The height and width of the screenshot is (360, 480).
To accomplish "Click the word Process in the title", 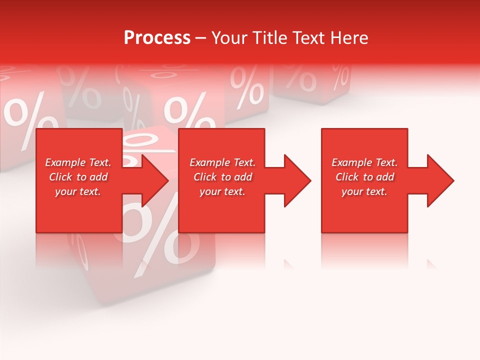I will click(x=157, y=38).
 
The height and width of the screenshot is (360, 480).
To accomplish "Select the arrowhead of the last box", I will click(x=439, y=180).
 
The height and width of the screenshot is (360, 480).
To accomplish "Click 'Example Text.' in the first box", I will click(x=78, y=162).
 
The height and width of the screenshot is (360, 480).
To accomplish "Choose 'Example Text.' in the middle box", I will click(x=222, y=162).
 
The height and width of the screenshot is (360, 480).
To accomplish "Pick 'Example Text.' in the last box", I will click(x=364, y=162).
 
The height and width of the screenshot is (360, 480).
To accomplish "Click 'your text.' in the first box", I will click(x=78, y=191).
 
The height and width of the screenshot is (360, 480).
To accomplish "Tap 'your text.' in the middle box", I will click(x=222, y=191).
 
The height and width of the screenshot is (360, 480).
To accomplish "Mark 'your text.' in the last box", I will click(x=364, y=191).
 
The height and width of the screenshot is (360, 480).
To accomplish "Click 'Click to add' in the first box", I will click(x=78, y=177).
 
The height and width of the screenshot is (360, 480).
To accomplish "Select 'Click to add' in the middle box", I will click(x=222, y=177).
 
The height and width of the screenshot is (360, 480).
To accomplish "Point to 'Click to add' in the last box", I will click(x=364, y=177).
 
